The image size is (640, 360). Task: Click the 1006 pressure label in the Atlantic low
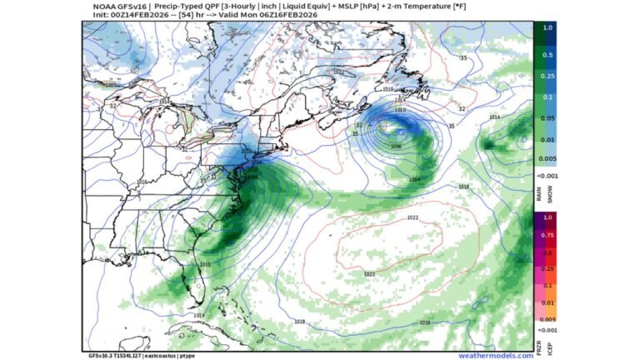[x=395, y=146]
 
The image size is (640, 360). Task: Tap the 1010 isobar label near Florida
[x=206, y=265]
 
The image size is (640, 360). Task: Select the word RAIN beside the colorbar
[x=538, y=193]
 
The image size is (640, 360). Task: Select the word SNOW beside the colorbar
[x=547, y=193]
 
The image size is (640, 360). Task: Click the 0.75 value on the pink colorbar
[x=547, y=235]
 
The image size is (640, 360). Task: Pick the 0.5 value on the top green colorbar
[x=547, y=55]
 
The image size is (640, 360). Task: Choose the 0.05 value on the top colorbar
[x=547, y=118]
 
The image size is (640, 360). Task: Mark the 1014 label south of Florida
[x=198, y=316]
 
